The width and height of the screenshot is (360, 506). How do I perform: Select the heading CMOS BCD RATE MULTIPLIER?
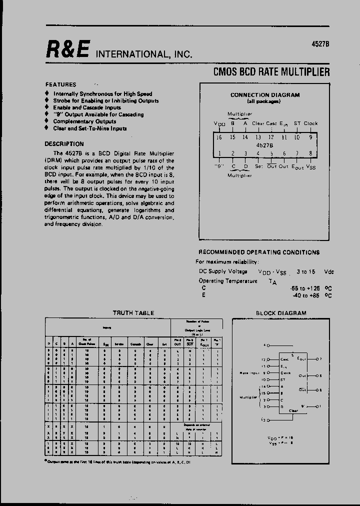pos(271,72)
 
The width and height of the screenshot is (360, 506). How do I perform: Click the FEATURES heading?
pos(60,84)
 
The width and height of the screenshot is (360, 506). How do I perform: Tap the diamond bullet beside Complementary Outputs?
pos(47,121)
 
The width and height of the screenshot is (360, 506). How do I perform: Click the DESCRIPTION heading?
pos(64,143)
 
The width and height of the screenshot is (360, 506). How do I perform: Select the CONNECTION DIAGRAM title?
pos(264,95)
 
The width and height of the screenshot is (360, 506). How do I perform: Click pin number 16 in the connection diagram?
pos(218,137)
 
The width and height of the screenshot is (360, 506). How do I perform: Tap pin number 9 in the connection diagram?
pos(310,137)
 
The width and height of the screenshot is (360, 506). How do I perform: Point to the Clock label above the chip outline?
pos(310,123)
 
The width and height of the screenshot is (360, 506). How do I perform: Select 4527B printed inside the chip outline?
pos(264,146)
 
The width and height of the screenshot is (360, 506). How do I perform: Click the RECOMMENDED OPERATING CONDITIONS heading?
pos(258,252)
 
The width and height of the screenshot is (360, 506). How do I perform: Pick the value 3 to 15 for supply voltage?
pos(306,271)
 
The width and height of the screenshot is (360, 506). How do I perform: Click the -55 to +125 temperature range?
pos(304,288)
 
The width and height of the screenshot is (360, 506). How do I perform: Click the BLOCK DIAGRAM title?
pos(281,313)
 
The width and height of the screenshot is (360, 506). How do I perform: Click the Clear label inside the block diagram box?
pos(293,410)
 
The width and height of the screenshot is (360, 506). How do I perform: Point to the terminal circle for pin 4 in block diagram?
pos(268,345)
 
